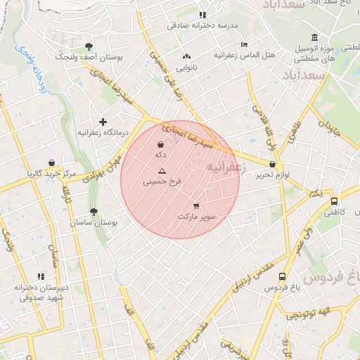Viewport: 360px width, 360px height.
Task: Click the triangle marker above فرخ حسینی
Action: tap(162, 171)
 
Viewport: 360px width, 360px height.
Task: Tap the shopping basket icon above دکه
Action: tap(162, 143)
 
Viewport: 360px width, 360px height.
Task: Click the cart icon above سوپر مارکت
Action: tap(196, 206)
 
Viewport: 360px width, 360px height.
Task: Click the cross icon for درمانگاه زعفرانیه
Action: tap(103, 122)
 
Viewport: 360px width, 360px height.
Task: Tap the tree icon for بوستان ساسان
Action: tap(94, 212)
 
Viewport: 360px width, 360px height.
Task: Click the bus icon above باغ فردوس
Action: tap(282, 277)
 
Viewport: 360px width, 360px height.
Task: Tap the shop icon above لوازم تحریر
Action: tap(272, 164)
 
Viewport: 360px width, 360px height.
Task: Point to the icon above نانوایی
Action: tap(186, 57)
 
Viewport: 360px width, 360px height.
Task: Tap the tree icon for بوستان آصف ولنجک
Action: tap(88, 46)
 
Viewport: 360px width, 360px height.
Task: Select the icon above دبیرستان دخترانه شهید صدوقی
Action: tap(41, 276)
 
